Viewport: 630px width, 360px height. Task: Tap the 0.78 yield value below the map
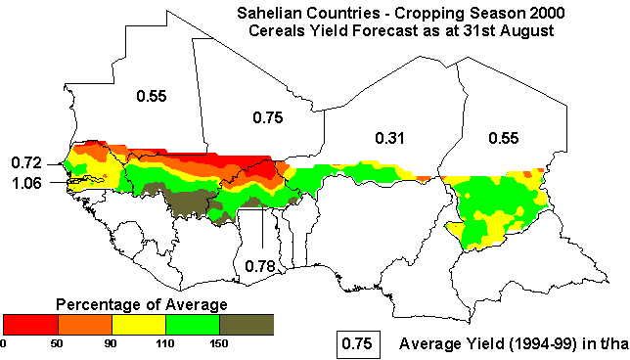(258, 265)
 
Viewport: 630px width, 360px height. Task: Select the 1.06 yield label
(25, 182)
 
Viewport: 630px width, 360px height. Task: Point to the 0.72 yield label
(25, 161)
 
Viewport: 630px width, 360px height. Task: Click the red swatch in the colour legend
(31, 324)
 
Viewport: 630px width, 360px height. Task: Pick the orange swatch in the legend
(86, 324)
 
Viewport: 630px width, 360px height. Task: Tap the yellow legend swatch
(139, 324)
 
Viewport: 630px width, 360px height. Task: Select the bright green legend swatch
(193, 324)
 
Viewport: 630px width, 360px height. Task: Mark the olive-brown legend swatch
(246, 324)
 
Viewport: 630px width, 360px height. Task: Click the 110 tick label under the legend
(165, 343)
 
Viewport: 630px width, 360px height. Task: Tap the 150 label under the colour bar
(219, 343)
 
